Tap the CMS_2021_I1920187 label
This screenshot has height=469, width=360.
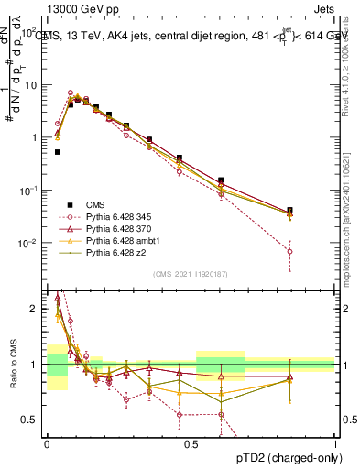[191, 274]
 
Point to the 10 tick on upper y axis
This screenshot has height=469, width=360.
[35, 84]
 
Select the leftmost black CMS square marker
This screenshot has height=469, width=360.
[58, 152]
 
